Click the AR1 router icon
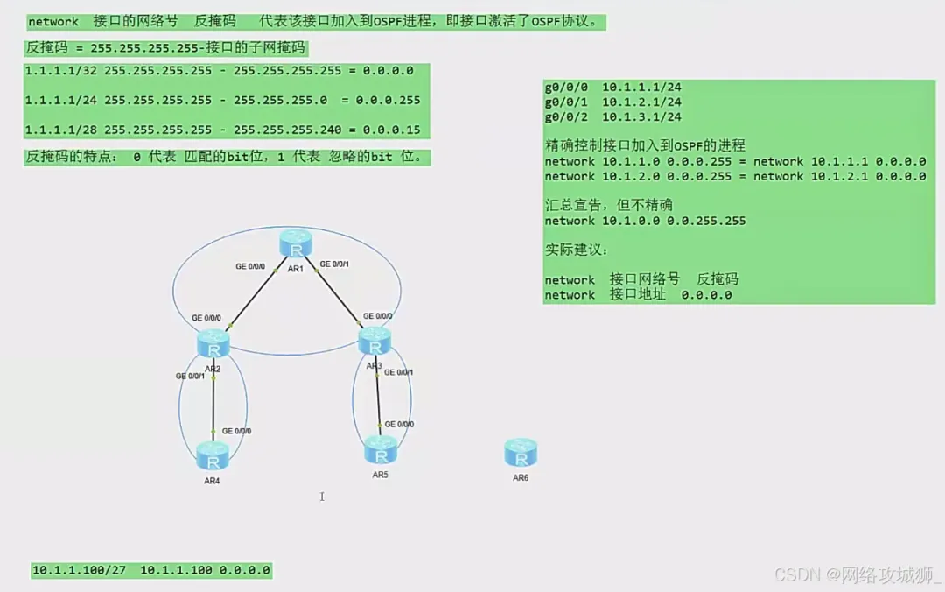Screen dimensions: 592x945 pyautogui.click(x=295, y=243)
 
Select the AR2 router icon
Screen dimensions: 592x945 pyautogui.click(x=213, y=342)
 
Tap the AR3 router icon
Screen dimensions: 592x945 pyautogui.click(x=374, y=340)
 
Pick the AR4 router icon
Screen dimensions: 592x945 pyautogui.click(x=213, y=456)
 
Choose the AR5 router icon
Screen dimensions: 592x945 pyautogui.click(x=380, y=450)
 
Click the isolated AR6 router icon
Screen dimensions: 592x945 pyautogui.click(x=521, y=453)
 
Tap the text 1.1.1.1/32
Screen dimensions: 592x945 pyautogui.click(x=60, y=71)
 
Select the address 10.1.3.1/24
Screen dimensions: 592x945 pyautogui.click(x=642, y=117)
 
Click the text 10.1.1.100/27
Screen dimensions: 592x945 pyautogui.click(x=80, y=571)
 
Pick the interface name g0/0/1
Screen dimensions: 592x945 pyautogui.click(x=567, y=102)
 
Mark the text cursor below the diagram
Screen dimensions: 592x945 pyautogui.click(x=322, y=497)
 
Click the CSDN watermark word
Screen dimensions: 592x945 pyautogui.click(x=794, y=574)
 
